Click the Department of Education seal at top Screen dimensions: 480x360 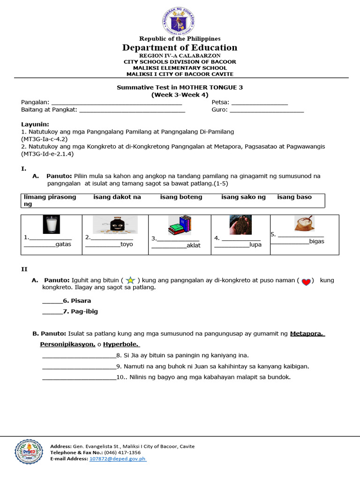tap(180, 21)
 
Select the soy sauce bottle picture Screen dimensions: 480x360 tap(115, 225)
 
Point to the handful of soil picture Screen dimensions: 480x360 tap(240, 225)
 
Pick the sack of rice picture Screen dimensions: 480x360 tap(305, 223)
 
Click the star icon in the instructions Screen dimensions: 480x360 tap(130, 280)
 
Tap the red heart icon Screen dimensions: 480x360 tap(306, 282)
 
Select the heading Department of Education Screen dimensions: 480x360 tap(180, 47)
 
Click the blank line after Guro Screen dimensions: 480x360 tap(266, 110)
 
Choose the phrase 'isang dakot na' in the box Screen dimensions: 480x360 tap(117, 197)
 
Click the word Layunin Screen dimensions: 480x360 tap(35, 124)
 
